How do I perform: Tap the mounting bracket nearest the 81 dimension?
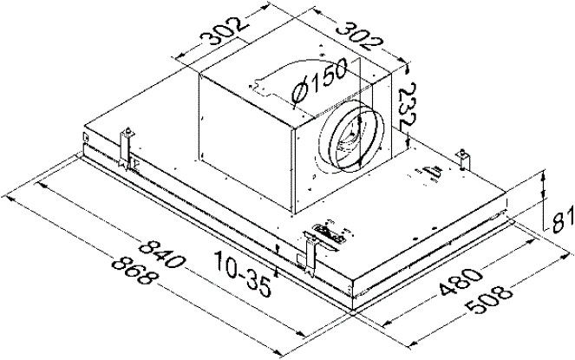(465, 157)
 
